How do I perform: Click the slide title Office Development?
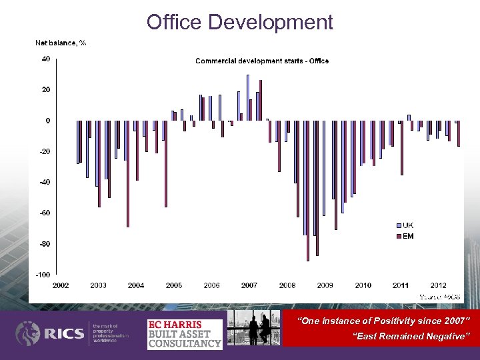point(240,22)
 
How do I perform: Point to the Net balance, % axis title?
point(61,43)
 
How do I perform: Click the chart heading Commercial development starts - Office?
point(261,61)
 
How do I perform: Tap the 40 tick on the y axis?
point(45,59)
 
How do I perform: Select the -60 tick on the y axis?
point(44,213)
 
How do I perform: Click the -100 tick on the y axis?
point(43,275)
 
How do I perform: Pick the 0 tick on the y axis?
point(47,121)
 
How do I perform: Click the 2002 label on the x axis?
point(60,285)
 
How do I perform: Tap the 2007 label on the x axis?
point(249,285)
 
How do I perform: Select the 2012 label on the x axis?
point(438,285)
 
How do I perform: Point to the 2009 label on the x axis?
point(325,285)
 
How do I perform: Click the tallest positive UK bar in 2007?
point(247,97)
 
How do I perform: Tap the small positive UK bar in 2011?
point(409,117)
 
